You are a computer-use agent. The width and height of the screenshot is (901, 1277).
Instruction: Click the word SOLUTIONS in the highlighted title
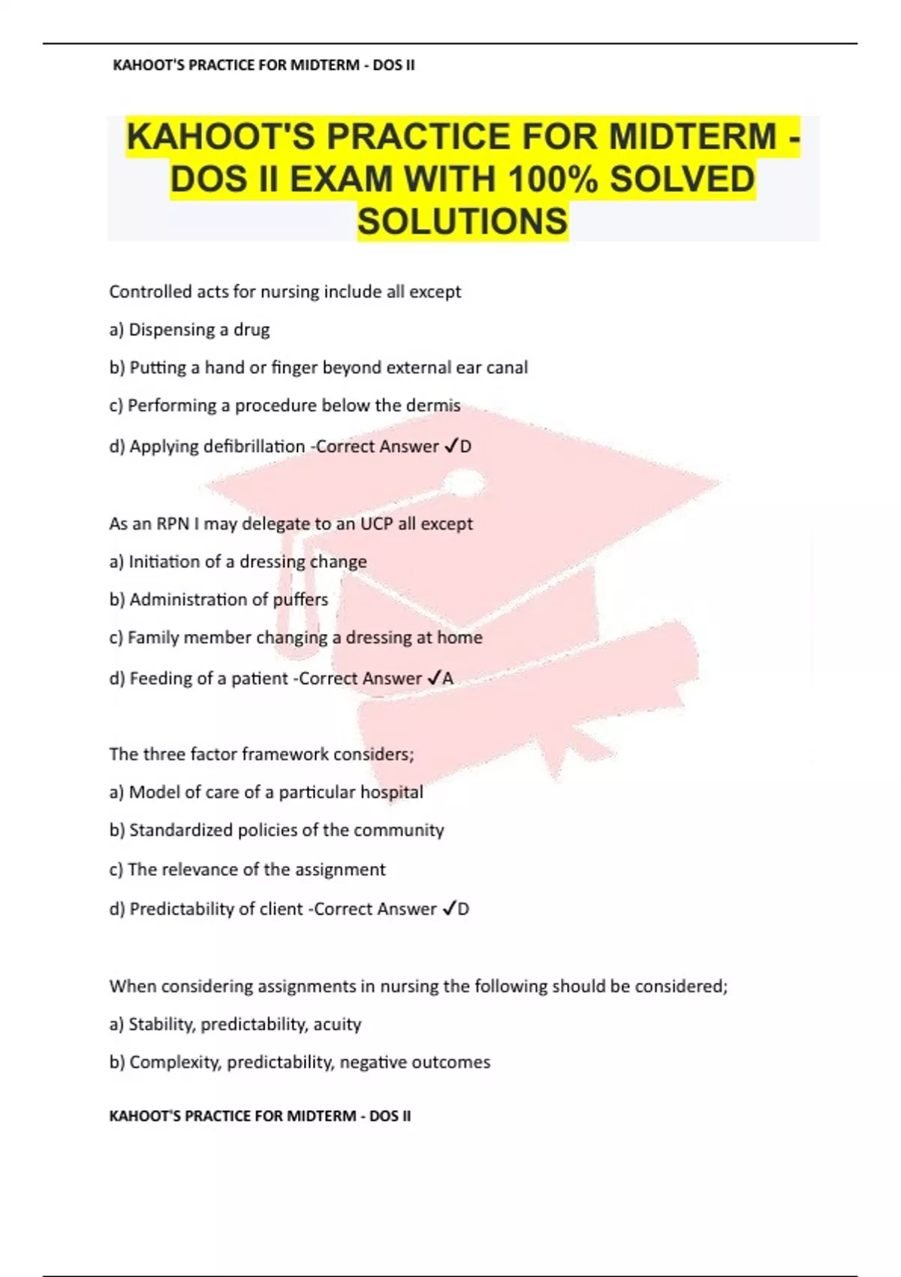tap(463, 222)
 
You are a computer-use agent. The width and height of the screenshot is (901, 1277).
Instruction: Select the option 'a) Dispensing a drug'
tap(189, 330)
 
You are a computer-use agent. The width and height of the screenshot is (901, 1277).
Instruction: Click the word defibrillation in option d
tap(255, 446)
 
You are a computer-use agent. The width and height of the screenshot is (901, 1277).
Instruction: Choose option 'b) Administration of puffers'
tap(218, 599)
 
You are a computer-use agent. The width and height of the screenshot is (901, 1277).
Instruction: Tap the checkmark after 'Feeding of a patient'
tap(432, 678)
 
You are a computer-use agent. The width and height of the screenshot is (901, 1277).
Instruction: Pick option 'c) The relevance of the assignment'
tap(247, 869)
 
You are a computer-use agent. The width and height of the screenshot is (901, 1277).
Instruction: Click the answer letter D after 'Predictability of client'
tap(463, 909)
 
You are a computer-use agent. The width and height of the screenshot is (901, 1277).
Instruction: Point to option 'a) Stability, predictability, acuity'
tap(235, 1024)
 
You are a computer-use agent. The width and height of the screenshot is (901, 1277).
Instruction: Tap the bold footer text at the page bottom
tap(260, 1116)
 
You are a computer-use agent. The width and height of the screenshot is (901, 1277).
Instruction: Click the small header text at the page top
tap(264, 65)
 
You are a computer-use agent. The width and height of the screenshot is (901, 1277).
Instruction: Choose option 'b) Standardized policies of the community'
tap(276, 830)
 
